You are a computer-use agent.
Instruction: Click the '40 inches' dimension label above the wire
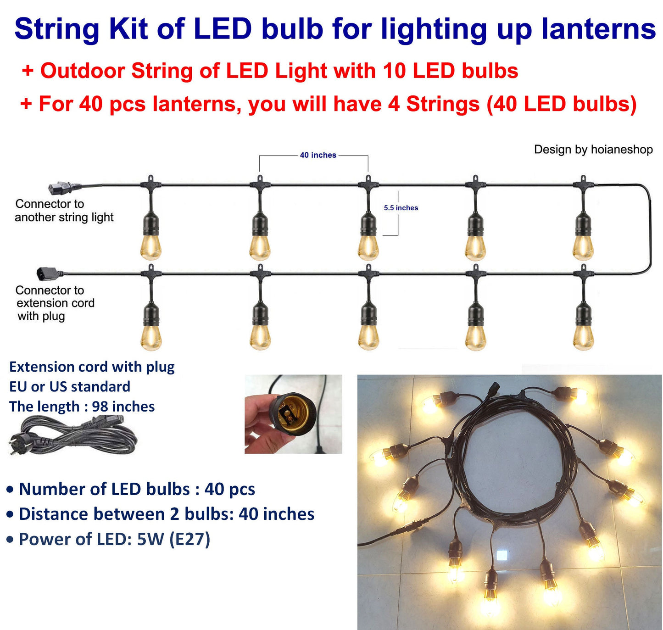point(318,155)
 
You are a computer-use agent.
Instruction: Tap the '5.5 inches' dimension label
point(401,208)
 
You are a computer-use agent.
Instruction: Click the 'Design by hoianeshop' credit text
point(593,150)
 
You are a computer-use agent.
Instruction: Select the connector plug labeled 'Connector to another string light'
point(65,188)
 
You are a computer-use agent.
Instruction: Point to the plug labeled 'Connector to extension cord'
point(50,273)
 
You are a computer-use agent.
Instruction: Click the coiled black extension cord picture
point(72,435)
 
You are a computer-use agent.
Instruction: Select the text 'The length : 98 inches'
point(82,407)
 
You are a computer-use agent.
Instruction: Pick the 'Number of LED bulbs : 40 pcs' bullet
point(130,489)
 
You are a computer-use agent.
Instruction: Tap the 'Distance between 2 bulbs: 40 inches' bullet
point(160,514)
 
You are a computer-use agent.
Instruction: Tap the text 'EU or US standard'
point(69,386)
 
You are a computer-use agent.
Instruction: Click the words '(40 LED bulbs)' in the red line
point(562,104)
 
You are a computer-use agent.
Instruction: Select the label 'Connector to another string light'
point(64,211)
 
